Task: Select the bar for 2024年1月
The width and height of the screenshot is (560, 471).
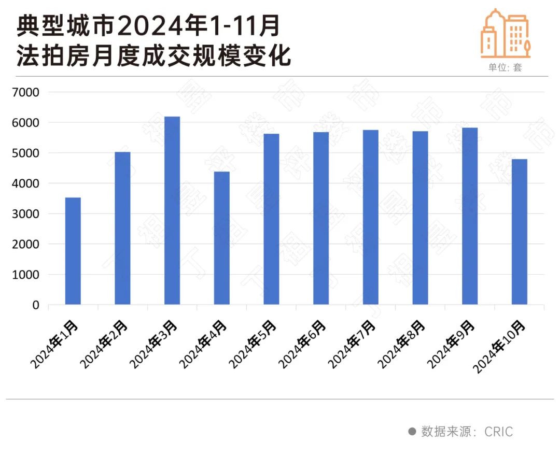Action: click(73, 251)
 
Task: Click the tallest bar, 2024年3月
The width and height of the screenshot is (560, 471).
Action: click(172, 210)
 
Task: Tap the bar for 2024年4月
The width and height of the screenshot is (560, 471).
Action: click(222, 238)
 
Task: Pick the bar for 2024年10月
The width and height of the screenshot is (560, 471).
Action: click(520, 232)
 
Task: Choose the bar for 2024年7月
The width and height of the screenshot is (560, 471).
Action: click(371, 217)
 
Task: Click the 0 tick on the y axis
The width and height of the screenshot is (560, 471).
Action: click(36, 305)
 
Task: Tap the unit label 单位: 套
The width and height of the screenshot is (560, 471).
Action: click(505, 68)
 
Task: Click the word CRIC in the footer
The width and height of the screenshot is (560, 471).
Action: click(499, 432)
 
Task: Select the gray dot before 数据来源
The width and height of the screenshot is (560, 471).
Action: click(412, 432)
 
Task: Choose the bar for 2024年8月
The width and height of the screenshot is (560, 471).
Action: click(421, 218)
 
